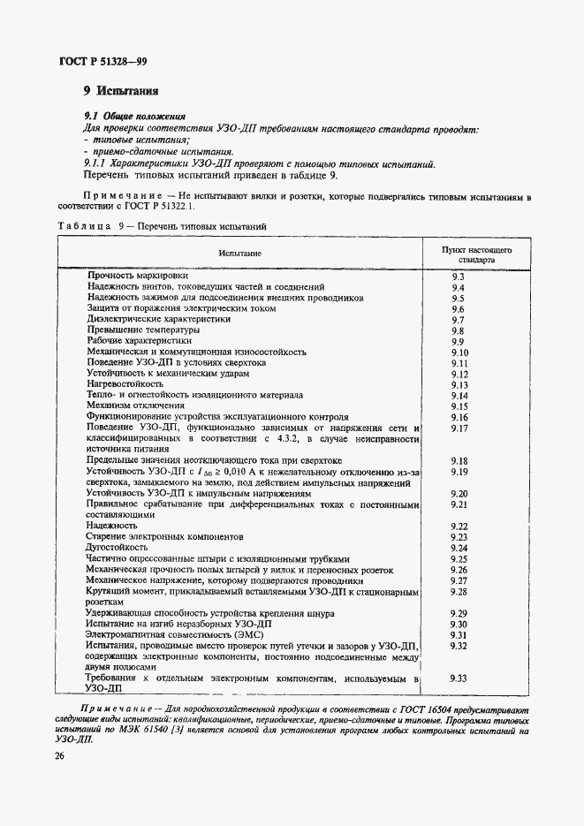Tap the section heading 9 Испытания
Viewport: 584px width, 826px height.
120,90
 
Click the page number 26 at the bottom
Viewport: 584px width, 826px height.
58,755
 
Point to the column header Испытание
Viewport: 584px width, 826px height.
240,254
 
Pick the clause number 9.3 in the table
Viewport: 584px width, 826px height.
458,277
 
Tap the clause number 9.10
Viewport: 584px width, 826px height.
459,352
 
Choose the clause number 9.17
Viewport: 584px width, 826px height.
459,428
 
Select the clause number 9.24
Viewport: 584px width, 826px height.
459,548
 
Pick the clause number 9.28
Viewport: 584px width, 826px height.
459,591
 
